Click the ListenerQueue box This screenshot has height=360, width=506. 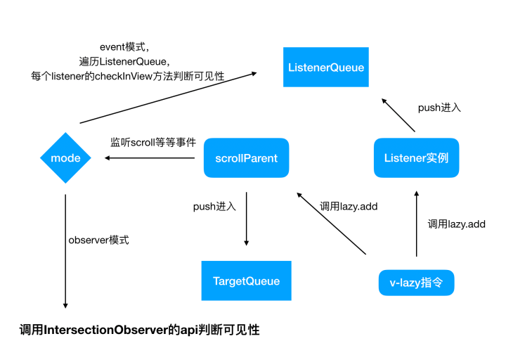click(326, 67)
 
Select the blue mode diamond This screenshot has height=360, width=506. click(65, 158)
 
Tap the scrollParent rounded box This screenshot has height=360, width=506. click(246, 158)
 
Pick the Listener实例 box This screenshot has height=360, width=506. click(416, 158)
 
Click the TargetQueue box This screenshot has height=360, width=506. click(246, 281)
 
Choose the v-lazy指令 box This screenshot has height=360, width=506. click(416, 283)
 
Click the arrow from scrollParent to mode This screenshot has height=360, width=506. click(150, 158)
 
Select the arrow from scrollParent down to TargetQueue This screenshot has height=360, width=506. click(246, 219)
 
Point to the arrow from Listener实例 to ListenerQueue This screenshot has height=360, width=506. click(398, 115)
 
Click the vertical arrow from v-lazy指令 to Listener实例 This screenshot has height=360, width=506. click(416, 224)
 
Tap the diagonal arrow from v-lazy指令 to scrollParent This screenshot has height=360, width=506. click(332, 224)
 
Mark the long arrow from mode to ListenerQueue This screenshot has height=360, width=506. click(168, 98)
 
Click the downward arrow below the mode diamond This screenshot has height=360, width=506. click(65, 251)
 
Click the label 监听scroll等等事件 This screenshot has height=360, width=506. click(153, 142)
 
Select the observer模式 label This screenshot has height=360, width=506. click(99, 240)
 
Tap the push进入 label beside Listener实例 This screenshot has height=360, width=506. click(439, 108)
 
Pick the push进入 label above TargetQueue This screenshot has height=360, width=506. click(214, 206)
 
